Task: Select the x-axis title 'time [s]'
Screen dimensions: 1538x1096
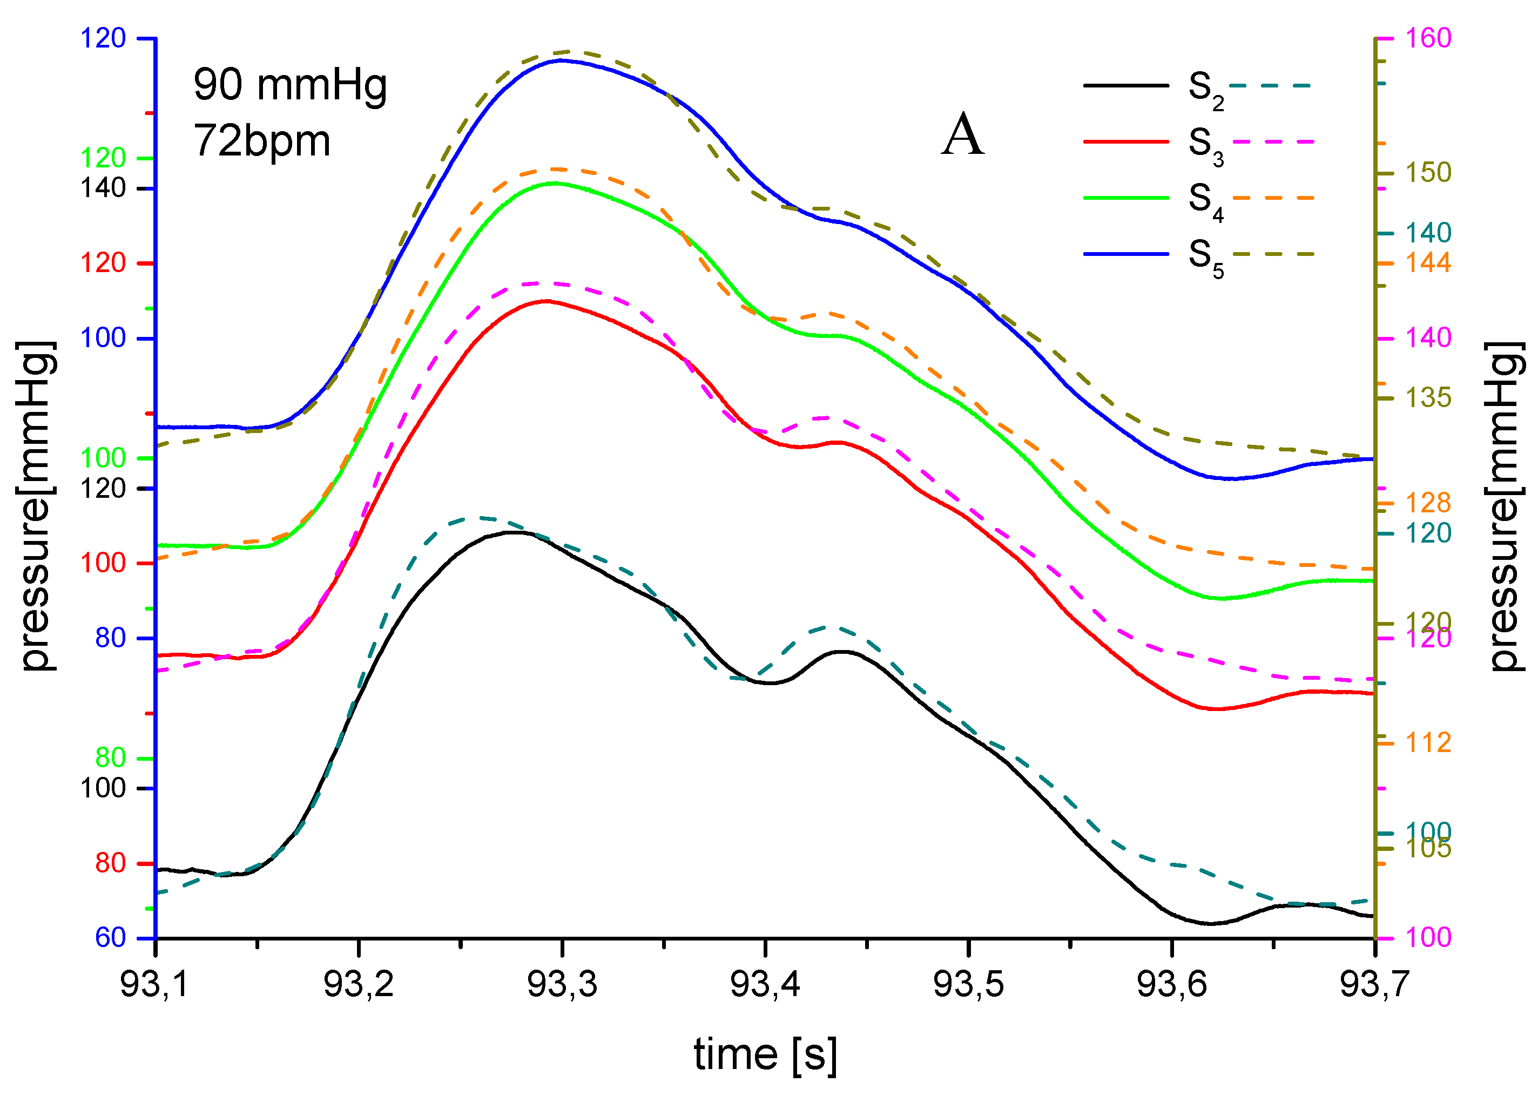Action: click(765, 1054)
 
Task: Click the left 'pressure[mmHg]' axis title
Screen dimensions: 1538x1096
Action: click(37, 506)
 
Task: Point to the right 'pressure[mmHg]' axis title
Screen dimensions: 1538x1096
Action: click(1505, 506)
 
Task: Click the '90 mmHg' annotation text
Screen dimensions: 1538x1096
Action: click(290, 86)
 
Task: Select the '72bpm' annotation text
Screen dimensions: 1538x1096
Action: click(262, 141)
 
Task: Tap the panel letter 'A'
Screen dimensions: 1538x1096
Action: click(963, 135)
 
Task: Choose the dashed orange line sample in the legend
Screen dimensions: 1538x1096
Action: click(1273, 198)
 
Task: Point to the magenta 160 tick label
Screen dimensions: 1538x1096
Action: click(1429, 38)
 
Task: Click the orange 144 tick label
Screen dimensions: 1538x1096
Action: click(1429, 262)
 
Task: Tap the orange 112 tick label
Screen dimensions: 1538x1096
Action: click(1429, 743)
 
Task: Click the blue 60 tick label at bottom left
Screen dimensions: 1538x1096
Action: click(111, 937)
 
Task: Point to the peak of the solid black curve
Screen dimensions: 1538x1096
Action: click(514, 532)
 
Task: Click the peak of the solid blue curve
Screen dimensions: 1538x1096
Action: click(562, 60)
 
